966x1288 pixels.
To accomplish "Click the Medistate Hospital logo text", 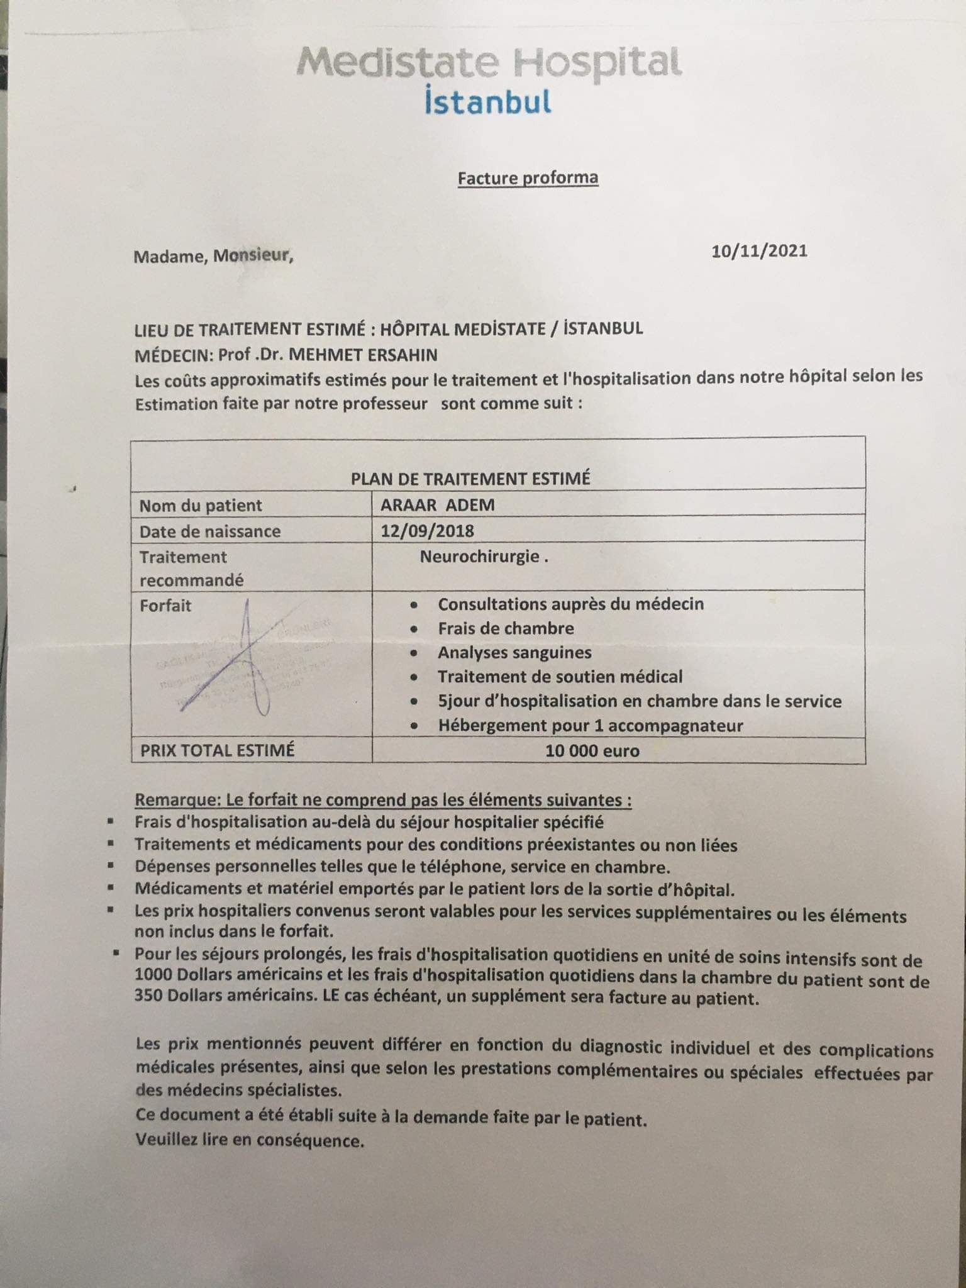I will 489,63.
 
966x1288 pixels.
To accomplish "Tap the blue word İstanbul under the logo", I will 488,102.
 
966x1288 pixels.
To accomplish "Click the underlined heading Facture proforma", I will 528,178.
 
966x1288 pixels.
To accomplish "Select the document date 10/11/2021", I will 759,251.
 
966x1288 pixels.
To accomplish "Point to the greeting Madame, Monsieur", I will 213,256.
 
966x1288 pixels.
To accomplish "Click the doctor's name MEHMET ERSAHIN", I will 363,355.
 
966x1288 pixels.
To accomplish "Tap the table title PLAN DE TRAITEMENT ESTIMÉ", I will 470,479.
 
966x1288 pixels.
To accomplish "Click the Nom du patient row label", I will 201,506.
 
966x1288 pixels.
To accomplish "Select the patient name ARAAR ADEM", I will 438,505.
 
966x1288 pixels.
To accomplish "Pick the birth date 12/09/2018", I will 427,531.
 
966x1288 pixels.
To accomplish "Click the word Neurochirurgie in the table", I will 480,557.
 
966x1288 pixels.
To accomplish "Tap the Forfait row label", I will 165,606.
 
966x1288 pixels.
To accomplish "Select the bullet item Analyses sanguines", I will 514,652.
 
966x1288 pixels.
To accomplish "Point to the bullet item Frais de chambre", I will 506,628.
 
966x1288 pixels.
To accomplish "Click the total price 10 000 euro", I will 592,751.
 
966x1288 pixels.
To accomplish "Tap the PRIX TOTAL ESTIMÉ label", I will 218,750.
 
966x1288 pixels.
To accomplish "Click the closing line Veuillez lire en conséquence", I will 250,1140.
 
